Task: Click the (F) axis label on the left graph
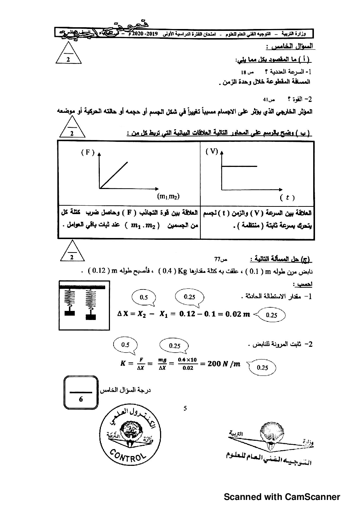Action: [87, 152]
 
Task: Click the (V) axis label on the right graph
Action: [212, 152]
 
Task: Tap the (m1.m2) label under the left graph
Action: [168, 196]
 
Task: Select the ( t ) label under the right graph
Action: [287, 198]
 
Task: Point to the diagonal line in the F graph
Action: [114, 175]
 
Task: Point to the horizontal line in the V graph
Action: [239, 167]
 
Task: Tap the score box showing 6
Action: [81, 393]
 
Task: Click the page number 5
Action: [185, 408]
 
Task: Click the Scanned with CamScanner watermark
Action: [282, 497]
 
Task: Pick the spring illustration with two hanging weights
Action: [84, 305]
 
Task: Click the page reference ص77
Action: [221, 259]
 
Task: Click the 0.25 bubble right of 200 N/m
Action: [262, 368]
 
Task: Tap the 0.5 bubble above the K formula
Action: [125, 345]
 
